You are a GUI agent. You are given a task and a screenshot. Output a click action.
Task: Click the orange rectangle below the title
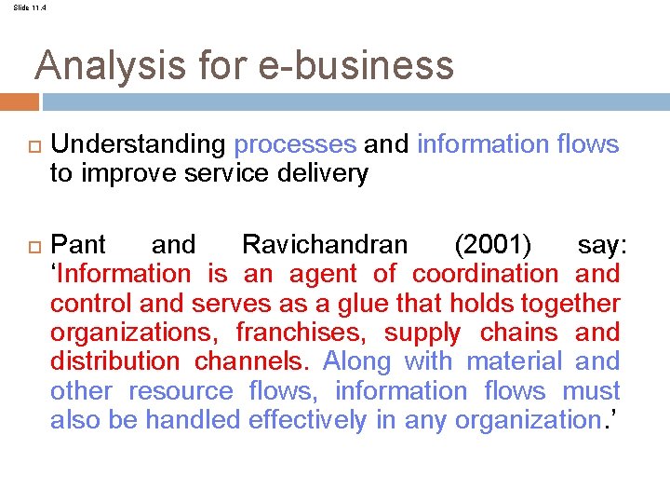tap(20, 102)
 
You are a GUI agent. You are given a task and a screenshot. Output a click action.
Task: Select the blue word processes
tap(295, 145)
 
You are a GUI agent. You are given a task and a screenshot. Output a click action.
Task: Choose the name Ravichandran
tap(324, 246)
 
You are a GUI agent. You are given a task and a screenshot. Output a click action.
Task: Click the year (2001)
tap(493, 246)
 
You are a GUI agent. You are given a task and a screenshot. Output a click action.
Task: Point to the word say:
tap(602, 246)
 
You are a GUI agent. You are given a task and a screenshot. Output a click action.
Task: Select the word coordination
tap(485, 275)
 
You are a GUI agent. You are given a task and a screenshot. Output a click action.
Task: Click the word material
tap(514, 362)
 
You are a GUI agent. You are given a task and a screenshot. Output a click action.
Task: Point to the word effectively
tap(307, 421)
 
